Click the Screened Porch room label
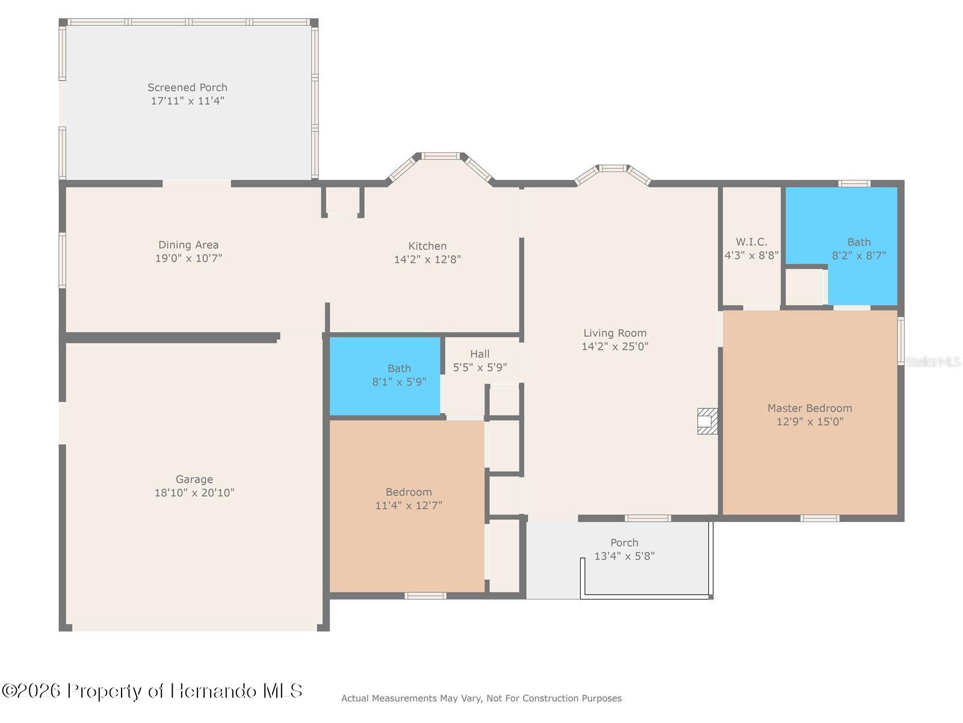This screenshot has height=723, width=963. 187,87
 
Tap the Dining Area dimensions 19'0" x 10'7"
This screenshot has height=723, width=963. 188,258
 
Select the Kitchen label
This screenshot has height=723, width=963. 427,246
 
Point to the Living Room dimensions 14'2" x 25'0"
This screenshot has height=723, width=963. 615,346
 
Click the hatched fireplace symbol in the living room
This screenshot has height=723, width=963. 707,421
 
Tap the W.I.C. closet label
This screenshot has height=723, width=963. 752,242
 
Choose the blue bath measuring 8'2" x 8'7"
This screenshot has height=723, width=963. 841,246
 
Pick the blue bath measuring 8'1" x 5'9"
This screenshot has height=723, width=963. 385,376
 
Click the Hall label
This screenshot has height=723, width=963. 480,354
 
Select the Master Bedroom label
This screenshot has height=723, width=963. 810,408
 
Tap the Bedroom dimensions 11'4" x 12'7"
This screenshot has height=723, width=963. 409,505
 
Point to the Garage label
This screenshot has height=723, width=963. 194,480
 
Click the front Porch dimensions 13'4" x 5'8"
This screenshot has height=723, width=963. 624,556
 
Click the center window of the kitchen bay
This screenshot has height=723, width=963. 441,156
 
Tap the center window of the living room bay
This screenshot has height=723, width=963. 613,168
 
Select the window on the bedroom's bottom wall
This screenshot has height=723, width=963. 425,596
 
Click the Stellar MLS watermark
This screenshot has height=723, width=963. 933,362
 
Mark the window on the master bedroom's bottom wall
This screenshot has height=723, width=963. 820,518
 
